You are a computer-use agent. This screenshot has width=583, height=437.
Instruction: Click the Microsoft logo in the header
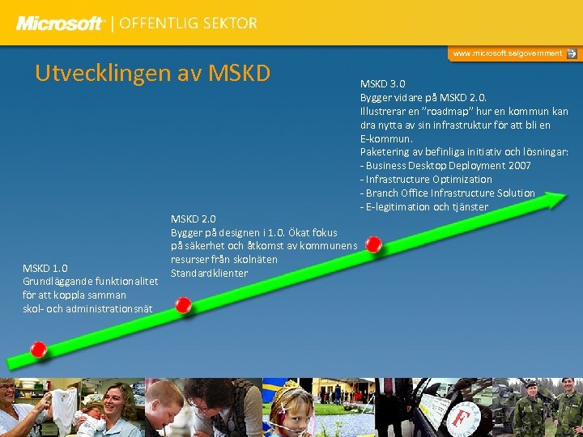[61, 23]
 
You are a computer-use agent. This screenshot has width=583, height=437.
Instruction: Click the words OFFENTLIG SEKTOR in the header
[188, 23]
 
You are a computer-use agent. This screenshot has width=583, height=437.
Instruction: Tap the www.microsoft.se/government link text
[507, 53]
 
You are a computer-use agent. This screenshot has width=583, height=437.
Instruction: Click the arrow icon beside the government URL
[572, 53]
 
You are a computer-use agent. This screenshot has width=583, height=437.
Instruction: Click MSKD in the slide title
[239, 73]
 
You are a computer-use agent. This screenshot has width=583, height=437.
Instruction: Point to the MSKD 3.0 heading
[383, 84]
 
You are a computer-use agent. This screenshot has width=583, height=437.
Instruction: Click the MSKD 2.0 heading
[193, 218]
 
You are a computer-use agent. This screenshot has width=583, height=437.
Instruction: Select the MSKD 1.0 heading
[45, 268]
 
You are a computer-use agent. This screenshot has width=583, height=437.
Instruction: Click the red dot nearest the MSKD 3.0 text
[373, 244]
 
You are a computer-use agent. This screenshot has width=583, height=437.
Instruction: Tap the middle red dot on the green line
[184, 305]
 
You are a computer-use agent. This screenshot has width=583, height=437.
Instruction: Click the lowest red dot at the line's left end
[38, 350]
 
